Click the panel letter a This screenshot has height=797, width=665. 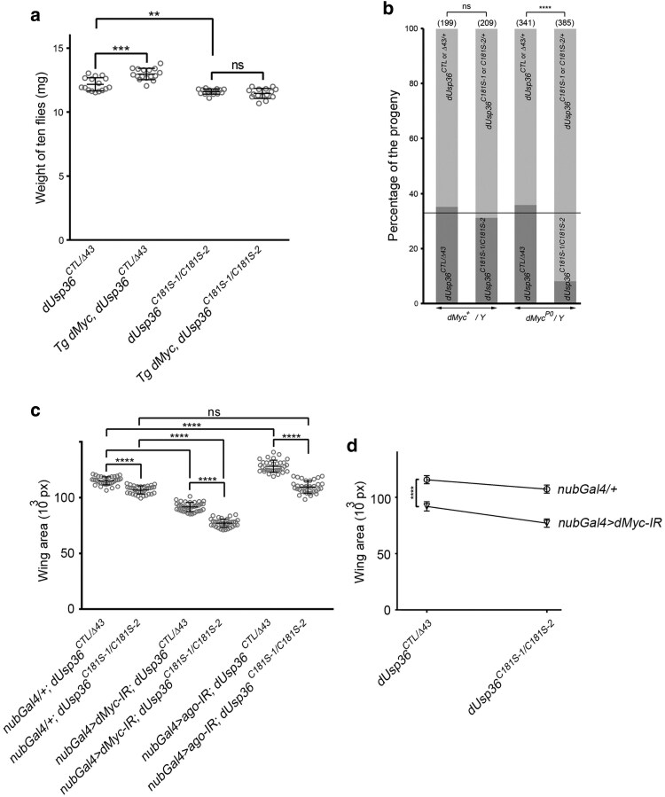click(x=12, y=12)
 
